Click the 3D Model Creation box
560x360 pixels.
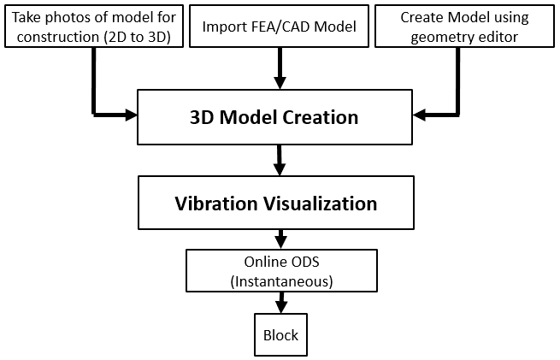click(274, 117)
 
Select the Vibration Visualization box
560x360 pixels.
click(275, 204)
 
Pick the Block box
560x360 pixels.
click(280, 335)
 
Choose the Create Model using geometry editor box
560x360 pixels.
click(464, 27)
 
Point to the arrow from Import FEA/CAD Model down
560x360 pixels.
click(279, 68)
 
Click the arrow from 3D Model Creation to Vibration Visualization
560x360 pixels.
click(279, 159)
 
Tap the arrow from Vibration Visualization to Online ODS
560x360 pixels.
click(279, 237)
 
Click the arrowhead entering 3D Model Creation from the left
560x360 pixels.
click(130, 113)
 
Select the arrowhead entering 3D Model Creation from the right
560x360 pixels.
click(420, 113)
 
